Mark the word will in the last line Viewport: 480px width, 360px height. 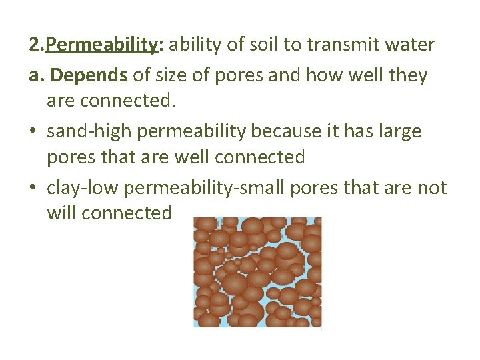pyautogui.click(x=61, y=213)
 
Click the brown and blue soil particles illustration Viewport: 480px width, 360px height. pyautogui.click(x=257, y=272)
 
